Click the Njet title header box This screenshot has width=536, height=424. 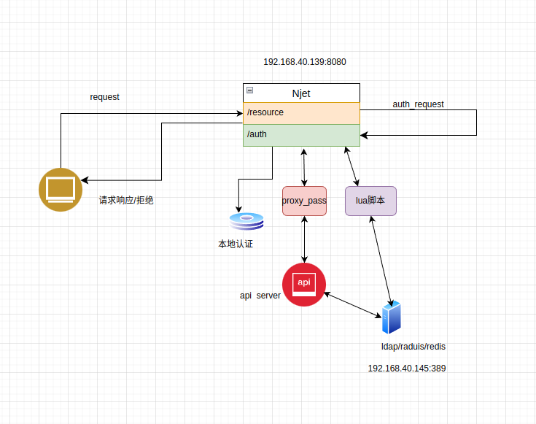[301, 93]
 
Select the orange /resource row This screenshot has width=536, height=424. [301, 113]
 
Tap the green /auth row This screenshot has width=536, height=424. [301, 135]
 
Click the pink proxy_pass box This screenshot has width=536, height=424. [304, 201]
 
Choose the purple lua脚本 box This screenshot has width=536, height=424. [370, 201]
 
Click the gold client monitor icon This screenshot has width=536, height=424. [61, 190]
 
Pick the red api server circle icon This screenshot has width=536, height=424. [304, 285]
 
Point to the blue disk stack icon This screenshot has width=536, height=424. [246, 221]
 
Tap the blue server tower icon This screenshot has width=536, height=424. [391, 317]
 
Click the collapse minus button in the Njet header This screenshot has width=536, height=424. [250, 90]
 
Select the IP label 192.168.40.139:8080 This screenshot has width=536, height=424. [305, 62]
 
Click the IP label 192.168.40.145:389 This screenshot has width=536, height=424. [407, 369]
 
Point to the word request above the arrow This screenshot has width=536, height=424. [104, 97]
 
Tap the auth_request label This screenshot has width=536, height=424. [418, 104]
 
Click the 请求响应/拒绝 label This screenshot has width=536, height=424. [126, 200]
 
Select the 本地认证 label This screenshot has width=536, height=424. [236, 244]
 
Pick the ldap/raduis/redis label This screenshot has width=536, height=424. [413, 347]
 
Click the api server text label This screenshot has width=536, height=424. [260, 296]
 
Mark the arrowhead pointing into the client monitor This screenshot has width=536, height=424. [85, 180]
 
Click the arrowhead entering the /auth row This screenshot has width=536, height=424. [364, 135]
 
